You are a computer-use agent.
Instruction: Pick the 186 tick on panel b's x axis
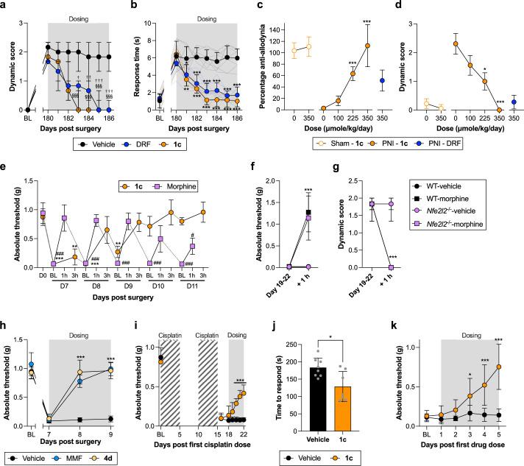click(236, 118)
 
